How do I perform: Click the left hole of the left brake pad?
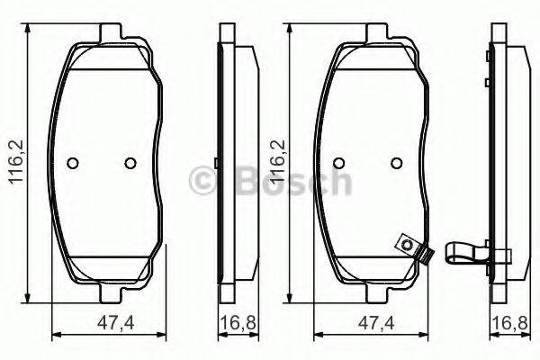[x=74, y=163]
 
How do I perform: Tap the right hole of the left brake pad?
[x=130, y=163]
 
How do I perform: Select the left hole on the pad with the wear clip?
[x=339, y=163]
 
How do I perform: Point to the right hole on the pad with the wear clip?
[x=395, y=163]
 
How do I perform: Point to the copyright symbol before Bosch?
[x=199, y=182]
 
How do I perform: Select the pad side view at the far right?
[x=497, y=166]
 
